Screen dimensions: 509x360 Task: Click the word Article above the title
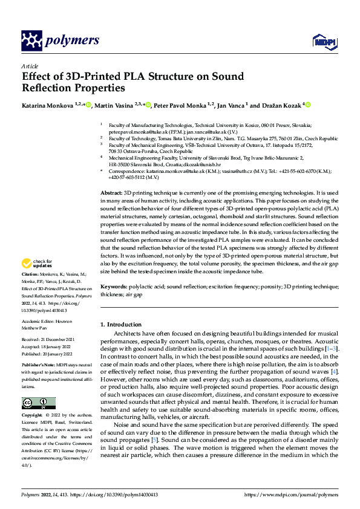point(29,66)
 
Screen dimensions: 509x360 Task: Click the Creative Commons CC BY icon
point(38,403)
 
